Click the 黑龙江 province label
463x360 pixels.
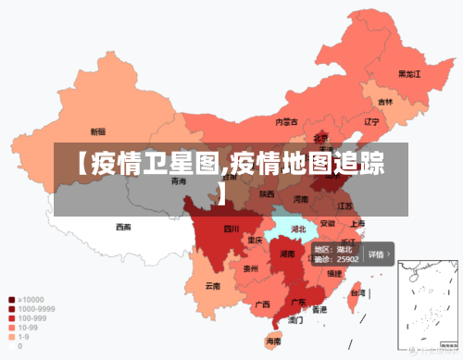[409, 73]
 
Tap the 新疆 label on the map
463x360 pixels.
[97, 131]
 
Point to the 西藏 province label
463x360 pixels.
[123, 227]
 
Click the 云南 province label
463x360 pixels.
[214, 286]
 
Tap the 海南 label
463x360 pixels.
[274, 341]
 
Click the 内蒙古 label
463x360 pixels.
[287, 121]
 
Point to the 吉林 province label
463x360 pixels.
[384, 102]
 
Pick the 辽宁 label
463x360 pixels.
[372, 121]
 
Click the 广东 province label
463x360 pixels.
[299, 302]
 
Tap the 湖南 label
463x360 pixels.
[287, 254]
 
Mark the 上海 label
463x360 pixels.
[357, 223]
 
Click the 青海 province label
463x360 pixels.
[179, 181]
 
